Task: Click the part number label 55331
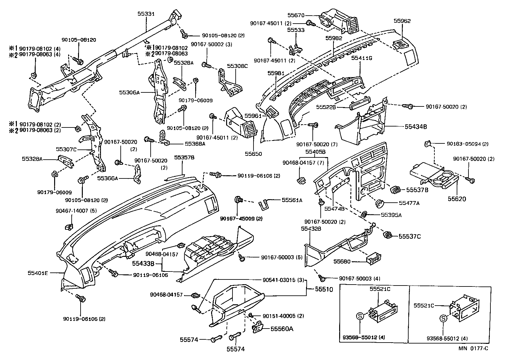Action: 146,14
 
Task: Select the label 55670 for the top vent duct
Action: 296,15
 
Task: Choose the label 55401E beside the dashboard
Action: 38,273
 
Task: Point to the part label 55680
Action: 342,262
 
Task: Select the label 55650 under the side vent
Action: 253,154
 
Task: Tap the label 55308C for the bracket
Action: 237,66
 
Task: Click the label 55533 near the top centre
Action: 296,30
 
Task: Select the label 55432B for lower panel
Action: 311,228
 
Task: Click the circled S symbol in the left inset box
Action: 359,316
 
